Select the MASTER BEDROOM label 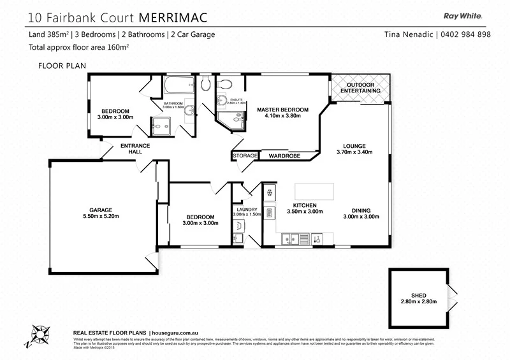[x=282, y=110]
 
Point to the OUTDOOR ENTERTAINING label [x=360, y=88]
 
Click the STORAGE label [x=245, y=155]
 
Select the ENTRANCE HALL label [x=135, y=149]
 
